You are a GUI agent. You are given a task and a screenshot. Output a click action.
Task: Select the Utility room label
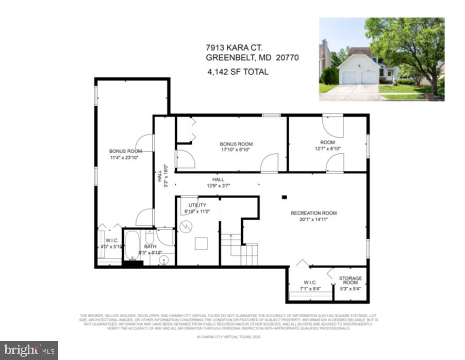[197, 205]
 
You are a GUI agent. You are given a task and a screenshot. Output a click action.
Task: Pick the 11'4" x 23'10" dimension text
[125, 158]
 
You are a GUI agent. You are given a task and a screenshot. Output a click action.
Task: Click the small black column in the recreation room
[284, 197]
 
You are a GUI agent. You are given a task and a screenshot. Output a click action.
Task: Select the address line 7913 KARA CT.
[231, 48]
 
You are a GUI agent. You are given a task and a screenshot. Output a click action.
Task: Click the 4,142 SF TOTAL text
[238, 72]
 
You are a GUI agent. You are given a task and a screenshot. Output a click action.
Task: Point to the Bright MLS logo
[29, 350]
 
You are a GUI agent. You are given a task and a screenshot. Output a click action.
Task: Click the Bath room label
[150, 247]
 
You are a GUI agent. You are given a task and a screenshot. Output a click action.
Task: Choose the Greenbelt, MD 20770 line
[252, 58]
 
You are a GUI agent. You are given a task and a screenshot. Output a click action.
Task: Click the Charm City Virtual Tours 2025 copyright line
[229, 337]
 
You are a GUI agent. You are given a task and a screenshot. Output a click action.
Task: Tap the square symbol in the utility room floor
[201, 243]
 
